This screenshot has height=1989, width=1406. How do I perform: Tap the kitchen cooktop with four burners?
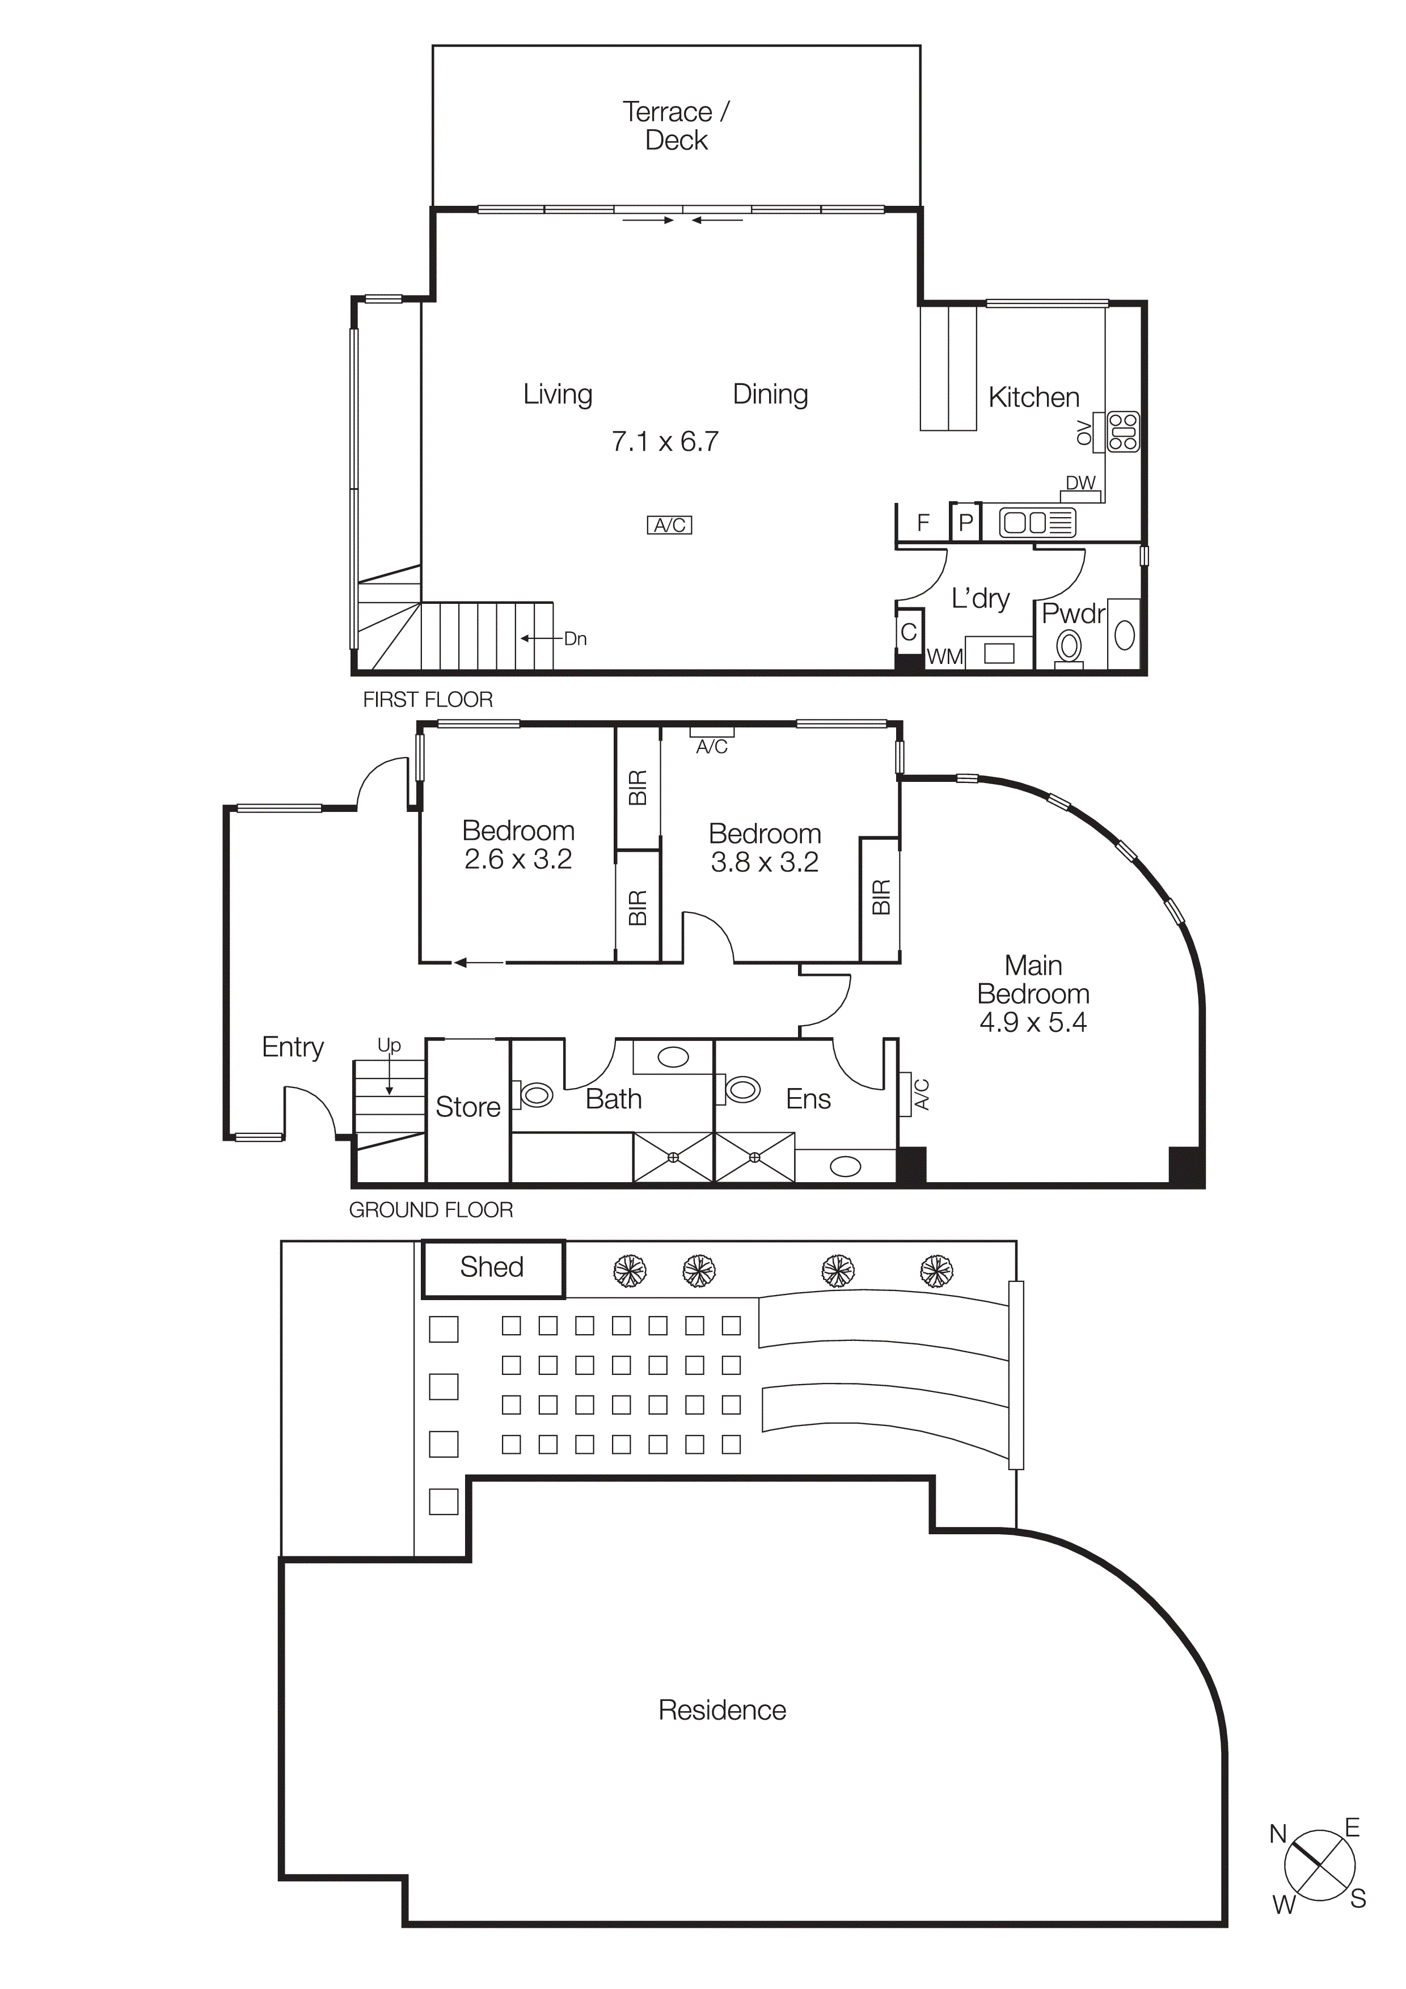1124,432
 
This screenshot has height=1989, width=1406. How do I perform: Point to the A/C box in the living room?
670,525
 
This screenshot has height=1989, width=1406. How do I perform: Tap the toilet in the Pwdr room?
1070,647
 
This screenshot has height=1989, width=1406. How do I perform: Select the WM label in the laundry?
944,657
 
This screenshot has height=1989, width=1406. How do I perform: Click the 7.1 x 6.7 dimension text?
665,442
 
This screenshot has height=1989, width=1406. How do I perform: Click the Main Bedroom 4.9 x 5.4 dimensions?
1033,1023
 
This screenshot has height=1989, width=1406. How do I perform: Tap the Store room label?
468,1107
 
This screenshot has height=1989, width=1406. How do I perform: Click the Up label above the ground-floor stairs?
389,1046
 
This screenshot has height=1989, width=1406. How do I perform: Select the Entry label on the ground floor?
293,1047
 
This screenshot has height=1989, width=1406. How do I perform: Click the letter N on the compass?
1278,1834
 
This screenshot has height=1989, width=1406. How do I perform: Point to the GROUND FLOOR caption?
430,1210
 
